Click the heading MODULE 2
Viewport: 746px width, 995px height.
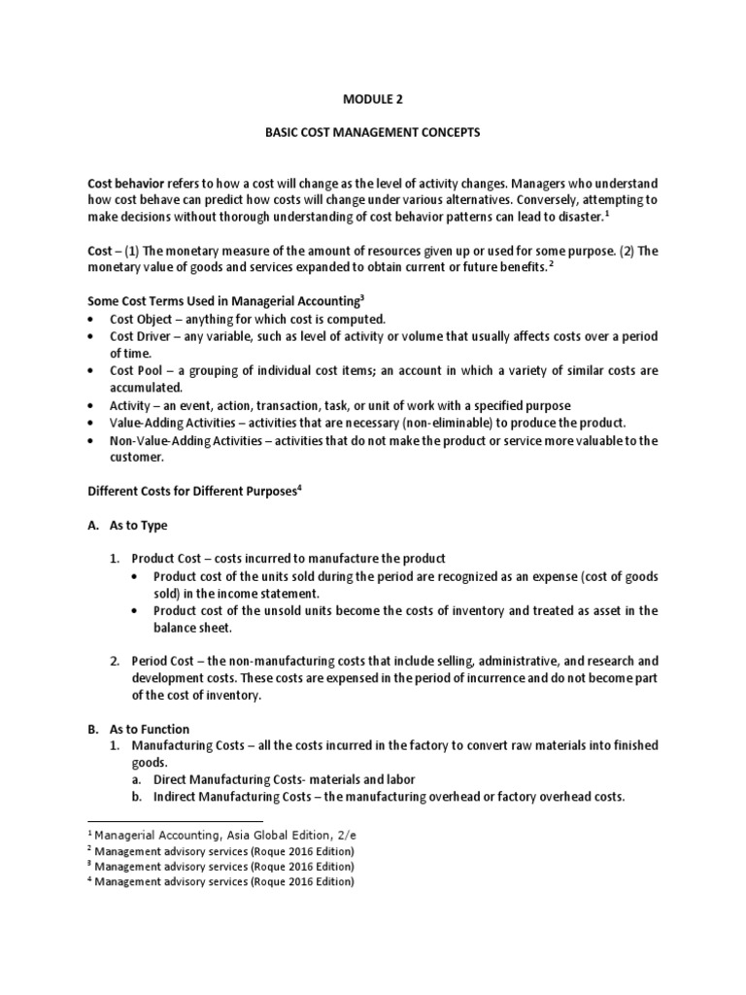(372, 99)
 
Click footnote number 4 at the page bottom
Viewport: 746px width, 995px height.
(89, 880)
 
